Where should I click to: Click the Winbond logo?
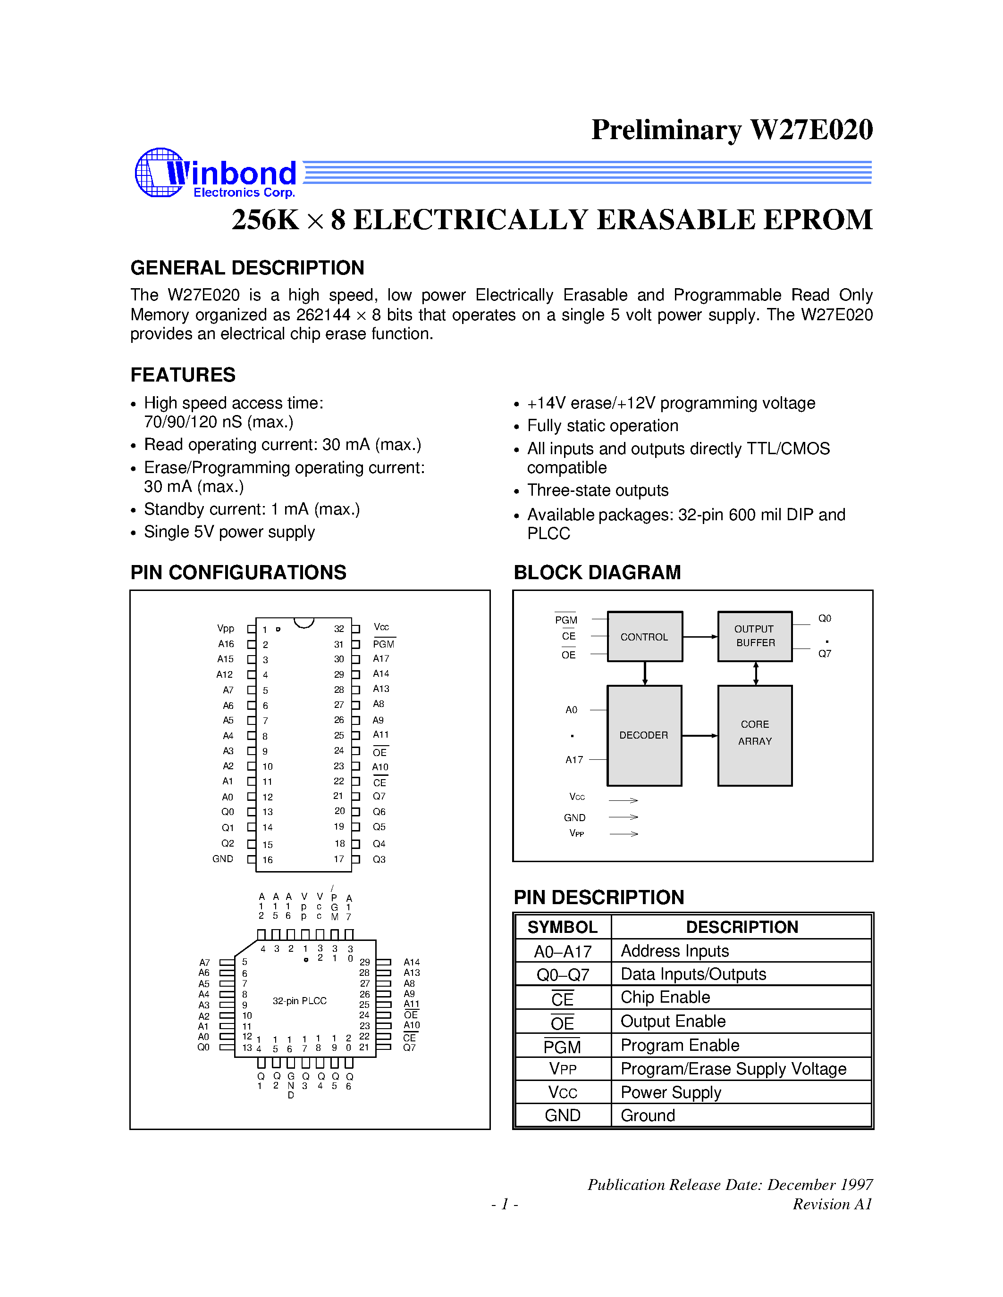[x=215, y=174]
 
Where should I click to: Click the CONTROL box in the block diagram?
[x=644, y=637]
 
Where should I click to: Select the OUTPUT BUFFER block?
[x=755, y=636]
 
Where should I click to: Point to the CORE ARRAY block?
[x=755, y=735]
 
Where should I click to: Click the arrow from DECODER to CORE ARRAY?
[x=700, y=736]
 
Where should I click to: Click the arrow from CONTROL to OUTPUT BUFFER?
[x=700, y=637]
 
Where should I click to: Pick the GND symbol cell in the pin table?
[x=562, y=1115]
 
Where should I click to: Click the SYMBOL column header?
[x=562, y=927]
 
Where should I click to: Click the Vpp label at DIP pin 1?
[x=226, y=628]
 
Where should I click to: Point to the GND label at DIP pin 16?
[x=223, y=859]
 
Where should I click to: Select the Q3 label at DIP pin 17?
[x=379, y=859]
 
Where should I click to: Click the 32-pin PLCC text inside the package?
[x=299, y=1001]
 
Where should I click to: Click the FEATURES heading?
[x=183, y=375]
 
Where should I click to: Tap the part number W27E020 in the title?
[x=811, y=129]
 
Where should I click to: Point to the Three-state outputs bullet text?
[x=597, y=491]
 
